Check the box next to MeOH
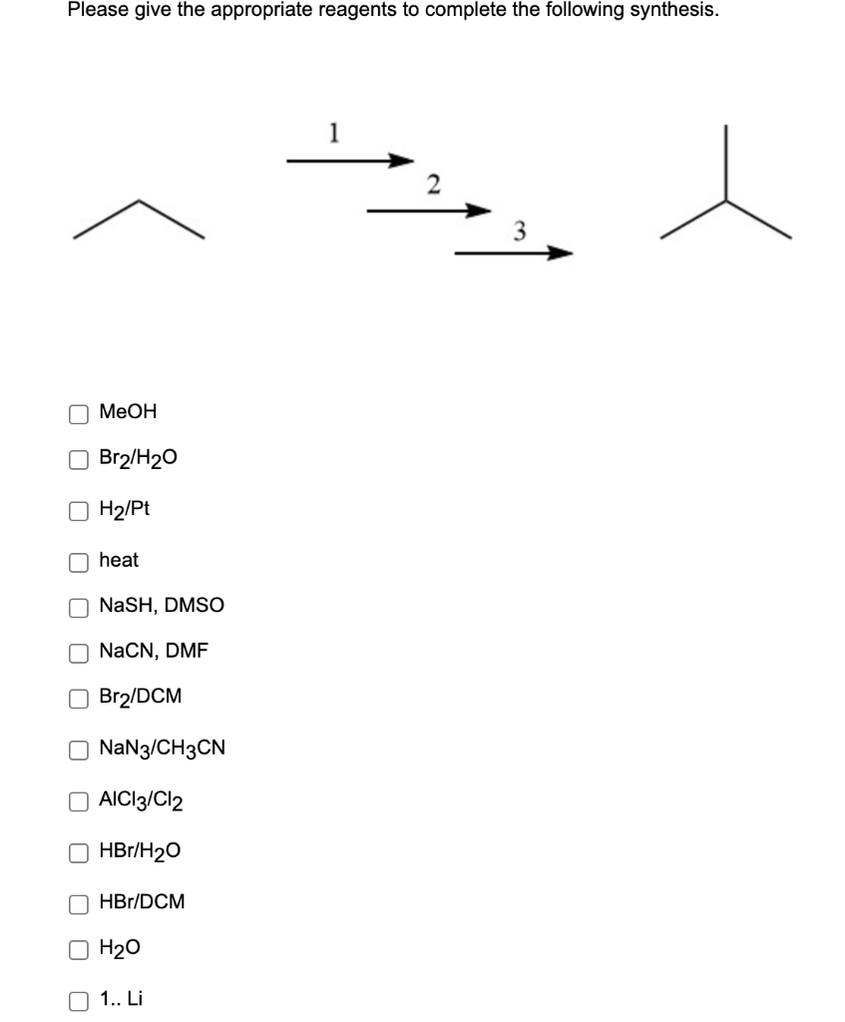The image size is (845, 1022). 78,412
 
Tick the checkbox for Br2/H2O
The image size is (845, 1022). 78,459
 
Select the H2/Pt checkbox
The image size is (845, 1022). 78,510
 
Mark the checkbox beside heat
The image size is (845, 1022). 78,561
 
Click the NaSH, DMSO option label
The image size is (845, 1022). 161,606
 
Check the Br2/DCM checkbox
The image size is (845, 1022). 78,698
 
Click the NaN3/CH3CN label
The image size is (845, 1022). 162,749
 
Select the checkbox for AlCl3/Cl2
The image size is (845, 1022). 78,800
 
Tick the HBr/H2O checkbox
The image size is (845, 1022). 78,851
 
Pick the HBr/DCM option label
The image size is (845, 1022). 142,902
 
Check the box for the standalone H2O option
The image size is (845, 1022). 78,950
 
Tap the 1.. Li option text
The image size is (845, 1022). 121,998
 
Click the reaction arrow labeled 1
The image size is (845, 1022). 349,159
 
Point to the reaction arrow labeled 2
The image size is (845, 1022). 429,211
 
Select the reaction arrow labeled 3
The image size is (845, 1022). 515,254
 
